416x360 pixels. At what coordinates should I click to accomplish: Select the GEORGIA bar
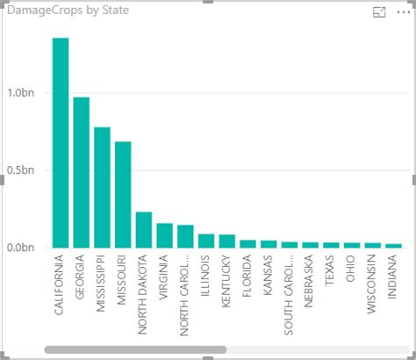coord(82,172)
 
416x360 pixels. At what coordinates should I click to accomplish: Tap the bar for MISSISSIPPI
coord(102,187)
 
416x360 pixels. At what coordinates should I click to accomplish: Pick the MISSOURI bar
coord(123,194)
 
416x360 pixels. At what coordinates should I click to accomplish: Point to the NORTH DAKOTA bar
coord(144,229)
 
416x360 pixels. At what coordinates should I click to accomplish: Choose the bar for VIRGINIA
coord(164,235)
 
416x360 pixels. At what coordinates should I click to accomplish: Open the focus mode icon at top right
coord(379,12)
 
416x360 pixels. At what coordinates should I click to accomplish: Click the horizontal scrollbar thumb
coord(135,349)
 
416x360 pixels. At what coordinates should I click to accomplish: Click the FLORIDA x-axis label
coord(247,277)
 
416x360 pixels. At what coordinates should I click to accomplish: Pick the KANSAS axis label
coord(269,276)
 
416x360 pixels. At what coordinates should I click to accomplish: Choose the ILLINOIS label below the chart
coord(205,276)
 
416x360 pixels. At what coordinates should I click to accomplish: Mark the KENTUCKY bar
coord(226,241)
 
